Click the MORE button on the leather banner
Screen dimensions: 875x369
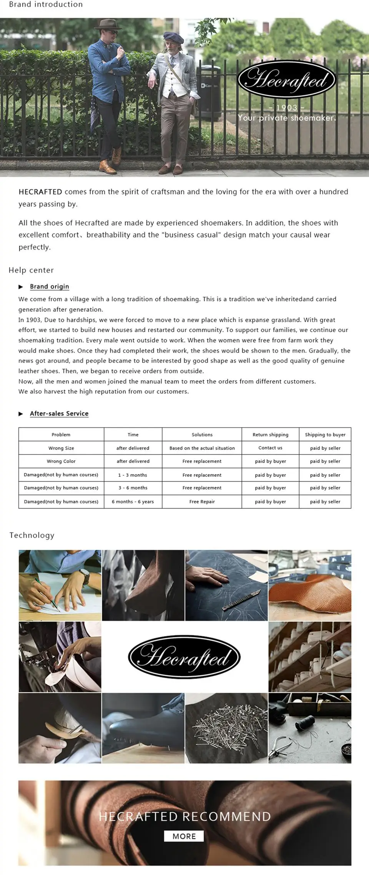tap(184, 836)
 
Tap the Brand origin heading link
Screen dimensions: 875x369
tap(49, 286)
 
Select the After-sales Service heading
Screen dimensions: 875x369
tap(59, 413)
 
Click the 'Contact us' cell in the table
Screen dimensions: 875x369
tap(270, 448)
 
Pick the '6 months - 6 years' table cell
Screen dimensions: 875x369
tap(133, 501)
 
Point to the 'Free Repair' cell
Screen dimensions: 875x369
tap(202, 501)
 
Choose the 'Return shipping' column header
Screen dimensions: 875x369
tap(270, 434)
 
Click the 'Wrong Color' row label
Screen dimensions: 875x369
tap(61, 461)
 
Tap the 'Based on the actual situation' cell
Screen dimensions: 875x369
tap(202, 448)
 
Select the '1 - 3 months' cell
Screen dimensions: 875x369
tap(133, 475)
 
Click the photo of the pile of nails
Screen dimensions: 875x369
tap(226, 728)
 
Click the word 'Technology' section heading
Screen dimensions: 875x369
tap(32, 535)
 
